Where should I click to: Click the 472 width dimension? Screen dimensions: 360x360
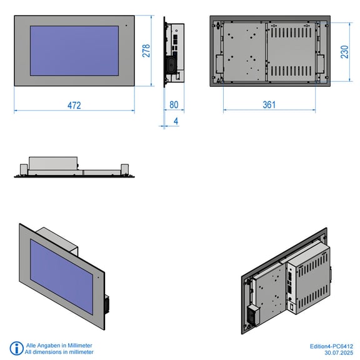point(74,106)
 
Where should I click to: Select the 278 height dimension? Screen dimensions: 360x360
point(146,51)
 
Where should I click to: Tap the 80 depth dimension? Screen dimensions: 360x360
point(174,105)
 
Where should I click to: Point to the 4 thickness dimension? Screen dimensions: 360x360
point(176,121)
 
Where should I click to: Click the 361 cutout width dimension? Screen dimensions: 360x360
point(269,105)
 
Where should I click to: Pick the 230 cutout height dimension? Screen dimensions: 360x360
point(344,52)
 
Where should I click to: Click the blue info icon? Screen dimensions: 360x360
point(16,348)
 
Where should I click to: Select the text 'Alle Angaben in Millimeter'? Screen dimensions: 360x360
point(59,345)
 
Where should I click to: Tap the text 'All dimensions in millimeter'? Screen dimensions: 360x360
point(59,352)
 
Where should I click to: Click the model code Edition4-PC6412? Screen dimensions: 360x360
point(331,346)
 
